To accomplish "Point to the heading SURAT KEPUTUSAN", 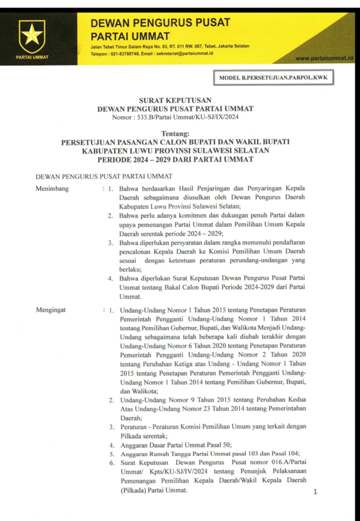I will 179,99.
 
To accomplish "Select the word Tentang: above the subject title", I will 179,133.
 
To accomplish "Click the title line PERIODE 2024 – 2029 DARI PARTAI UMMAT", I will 179,158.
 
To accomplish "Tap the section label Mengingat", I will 50,310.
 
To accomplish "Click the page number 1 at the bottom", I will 315,492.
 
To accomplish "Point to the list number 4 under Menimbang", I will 111,278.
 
